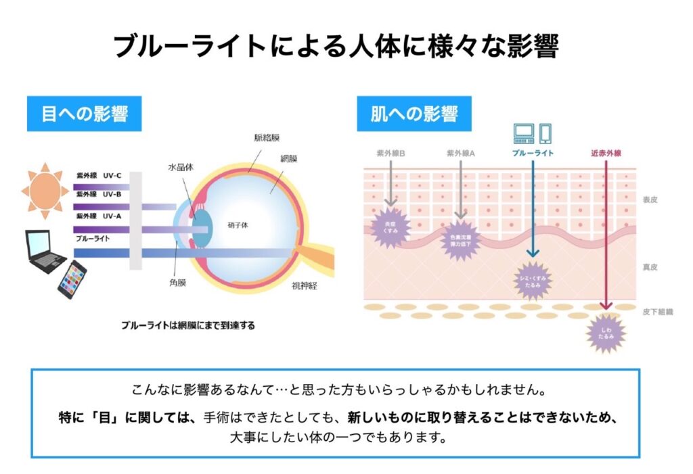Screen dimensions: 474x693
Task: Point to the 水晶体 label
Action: pos(181,166)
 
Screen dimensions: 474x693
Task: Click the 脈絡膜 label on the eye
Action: pos(266,137)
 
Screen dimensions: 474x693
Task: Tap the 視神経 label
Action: pos(305,285)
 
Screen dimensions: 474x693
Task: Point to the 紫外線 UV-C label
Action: pos(99,176)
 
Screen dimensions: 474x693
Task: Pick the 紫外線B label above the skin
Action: pos(390,153)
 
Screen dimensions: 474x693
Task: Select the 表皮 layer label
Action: pos(650,200)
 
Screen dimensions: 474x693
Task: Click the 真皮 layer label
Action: pos(650,267)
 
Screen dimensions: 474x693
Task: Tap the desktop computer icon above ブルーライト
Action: pos(524,133)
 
